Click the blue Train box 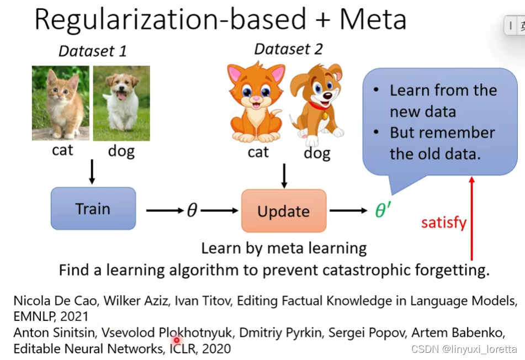click(x=93, y=209)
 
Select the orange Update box click(x=283, y=211)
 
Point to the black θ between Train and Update click(x=192, y=210)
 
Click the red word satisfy click(x=444, y=223)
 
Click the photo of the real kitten click(x=60, y=103)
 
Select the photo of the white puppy click(x=121, y=103)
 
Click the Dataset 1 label click(x=92, y=51)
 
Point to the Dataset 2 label click(x=288, y=49)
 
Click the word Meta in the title click(x=373, y=19)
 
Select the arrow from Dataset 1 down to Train click(x=92, y=172)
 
